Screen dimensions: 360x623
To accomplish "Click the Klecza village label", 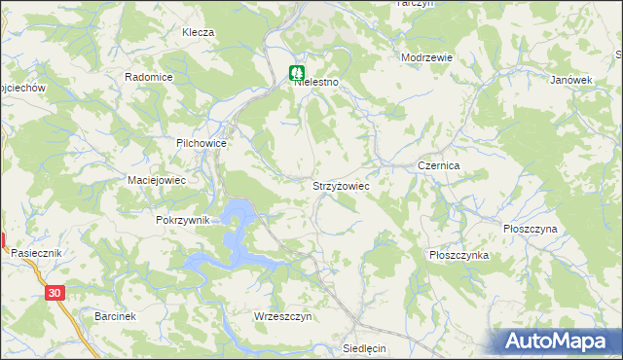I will click(x=198, y=32).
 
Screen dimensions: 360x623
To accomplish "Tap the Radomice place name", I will click(x=149, y=77).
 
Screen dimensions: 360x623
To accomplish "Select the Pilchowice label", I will click(x=202, y=143).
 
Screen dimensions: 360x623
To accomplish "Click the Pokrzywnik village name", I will click(x=183, y=220).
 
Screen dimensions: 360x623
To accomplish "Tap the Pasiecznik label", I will click(x=36, y=252).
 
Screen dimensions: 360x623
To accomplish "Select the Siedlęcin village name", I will click(x=366, y=347).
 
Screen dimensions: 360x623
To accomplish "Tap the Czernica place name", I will click(x=438, y=166).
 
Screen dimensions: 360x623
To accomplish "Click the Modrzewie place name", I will click(x=427, y=57).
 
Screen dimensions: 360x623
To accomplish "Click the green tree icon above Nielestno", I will click(x=296, y=72).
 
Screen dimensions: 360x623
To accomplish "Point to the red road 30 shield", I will click(x=55, y=292).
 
